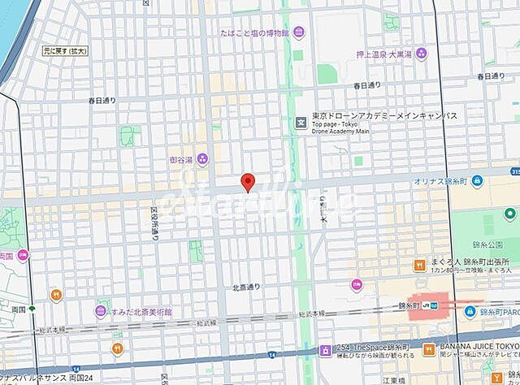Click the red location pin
pyautogui.click(x=249, y=183)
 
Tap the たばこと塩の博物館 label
pyautogui.click(x=254, y=32)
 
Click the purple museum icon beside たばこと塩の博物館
pyautogui.click(x=299, y=32)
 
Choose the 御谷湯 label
pyautogui.click(x=180, y=158)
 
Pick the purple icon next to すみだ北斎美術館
pyautogui.click(x=102, y=310)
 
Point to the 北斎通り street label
pyautogui.click(x=245, y=287)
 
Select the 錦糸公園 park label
pyautogui.click(x=487, y=243)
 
